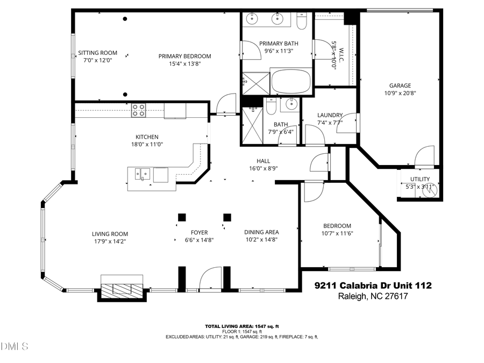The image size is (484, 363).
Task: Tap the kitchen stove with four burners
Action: pyautogui.click(x=139, y=110)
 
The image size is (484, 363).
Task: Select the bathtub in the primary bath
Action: pyautogui.click(x=291, y=82)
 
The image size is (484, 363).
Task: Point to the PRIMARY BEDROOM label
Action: pyautogui.click(x=184, y=56)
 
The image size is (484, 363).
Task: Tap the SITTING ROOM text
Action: pyautogui.click(x=97, y=53)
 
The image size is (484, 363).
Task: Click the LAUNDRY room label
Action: pyautogui.click(x=330, y=115)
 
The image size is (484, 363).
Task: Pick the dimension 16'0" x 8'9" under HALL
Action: pyautogui.click(x=263, y=168)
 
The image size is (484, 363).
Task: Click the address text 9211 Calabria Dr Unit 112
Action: pyautogui.click(x=373, y=286)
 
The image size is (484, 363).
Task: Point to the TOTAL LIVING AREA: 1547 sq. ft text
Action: pyautogui.click(x=241, y=326)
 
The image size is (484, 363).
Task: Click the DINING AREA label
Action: pyautogui.click(x=261, y=232)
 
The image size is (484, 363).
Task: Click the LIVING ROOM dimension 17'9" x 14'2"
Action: pyautogui.click(x=110, y=241)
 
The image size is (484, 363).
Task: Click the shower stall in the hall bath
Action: pyautogui.click(x=251, y=125)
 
